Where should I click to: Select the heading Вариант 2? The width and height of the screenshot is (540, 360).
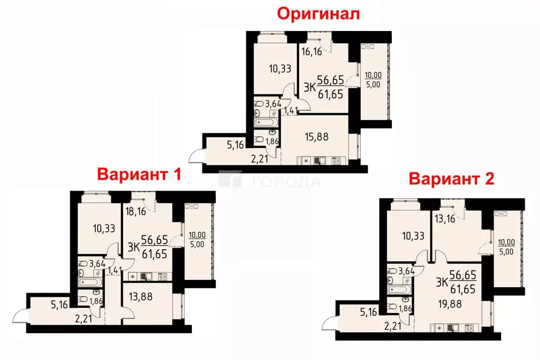pyautogui.click(x=452, y=179)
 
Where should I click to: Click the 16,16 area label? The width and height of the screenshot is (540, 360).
pyautogui.click(x=312, y=51)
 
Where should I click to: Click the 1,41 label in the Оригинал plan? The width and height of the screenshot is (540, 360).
pyautogui.click(x=290, y=111)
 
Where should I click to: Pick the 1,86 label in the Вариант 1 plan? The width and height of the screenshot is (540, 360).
pyautogui.click(x=97, y=301)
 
